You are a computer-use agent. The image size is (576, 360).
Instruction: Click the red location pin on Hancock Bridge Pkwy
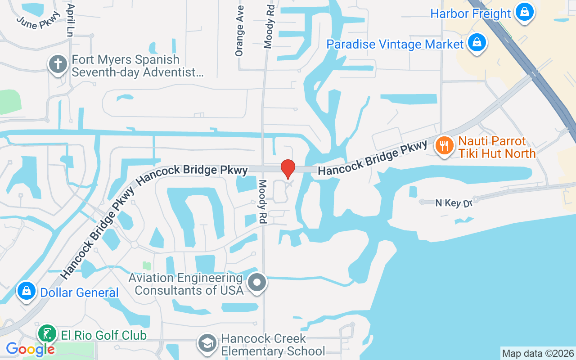[288, 169]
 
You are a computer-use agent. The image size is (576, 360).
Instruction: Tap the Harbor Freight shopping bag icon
[524, 13]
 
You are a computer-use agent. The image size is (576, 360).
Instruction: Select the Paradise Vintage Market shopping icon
[475, 43]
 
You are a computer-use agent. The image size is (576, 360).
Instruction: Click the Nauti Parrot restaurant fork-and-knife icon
[444, 146]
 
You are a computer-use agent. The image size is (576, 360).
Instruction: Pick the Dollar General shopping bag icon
[27, 292]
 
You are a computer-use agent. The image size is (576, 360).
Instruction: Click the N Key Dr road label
[454, 203]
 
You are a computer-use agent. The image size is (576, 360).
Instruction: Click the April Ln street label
[69, 20]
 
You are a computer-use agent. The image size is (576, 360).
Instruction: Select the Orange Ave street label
[239, 31]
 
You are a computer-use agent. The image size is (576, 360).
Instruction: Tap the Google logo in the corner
[30, 349]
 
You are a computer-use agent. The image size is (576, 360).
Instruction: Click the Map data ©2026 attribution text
[538, 353]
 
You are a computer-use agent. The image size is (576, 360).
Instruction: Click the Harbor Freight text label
[471, 13]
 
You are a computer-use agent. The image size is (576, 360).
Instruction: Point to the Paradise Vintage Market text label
[395, 44]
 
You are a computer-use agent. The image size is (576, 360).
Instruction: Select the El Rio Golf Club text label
[102, 336]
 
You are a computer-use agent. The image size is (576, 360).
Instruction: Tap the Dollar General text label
[79, 292]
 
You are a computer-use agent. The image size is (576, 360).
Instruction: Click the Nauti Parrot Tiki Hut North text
[497, 148]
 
